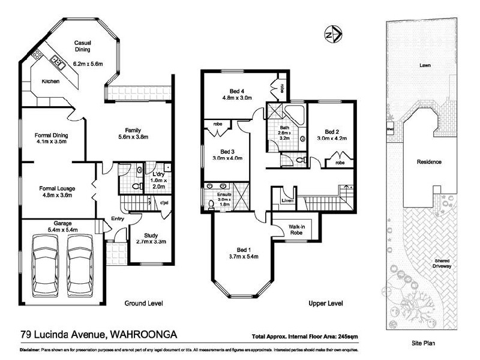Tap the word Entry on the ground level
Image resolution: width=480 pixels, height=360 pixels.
(118, 219)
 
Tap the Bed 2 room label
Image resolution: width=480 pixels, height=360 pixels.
(332, 132)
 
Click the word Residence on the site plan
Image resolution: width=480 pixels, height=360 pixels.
(429, 162)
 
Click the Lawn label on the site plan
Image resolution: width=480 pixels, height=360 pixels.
(425, 65)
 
